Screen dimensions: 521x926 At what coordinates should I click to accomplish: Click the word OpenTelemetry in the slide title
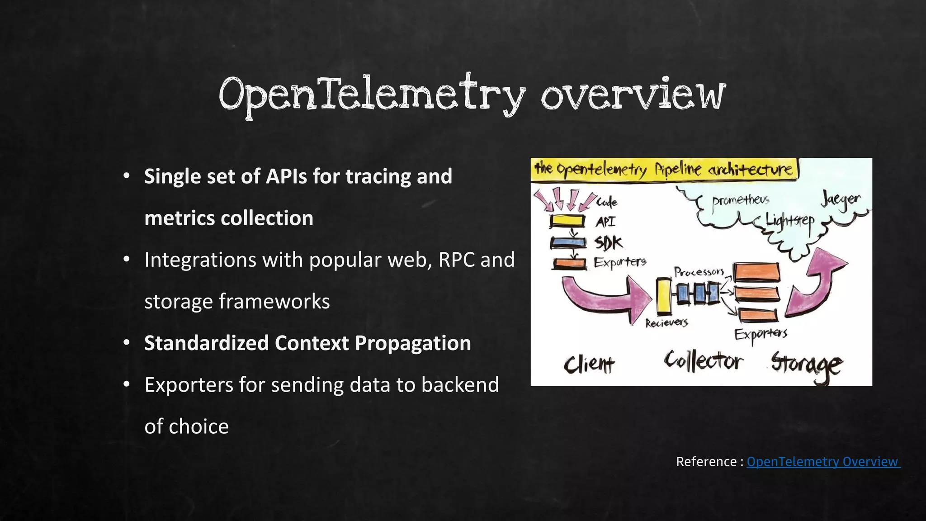click(372, 95)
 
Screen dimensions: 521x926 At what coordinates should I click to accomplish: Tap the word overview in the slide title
click(633, 95)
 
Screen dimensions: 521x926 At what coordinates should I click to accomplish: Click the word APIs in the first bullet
click(286, 176)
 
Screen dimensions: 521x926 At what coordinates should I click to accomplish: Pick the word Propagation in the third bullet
click(413, 343)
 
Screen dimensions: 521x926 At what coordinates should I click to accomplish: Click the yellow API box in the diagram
click(567, 221)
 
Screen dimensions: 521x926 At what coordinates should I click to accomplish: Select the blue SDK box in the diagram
click(567, 243)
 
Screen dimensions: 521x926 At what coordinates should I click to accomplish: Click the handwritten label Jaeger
click(841, 200)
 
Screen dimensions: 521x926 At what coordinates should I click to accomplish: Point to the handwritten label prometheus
click(740, 201)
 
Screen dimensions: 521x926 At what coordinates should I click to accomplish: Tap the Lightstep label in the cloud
click(789, 222)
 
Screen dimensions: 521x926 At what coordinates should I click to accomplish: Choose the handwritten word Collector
click(703, 361)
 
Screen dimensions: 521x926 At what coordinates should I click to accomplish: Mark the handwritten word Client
click(589, 364)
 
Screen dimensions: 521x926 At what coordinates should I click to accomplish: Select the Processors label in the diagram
click(699, 272)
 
